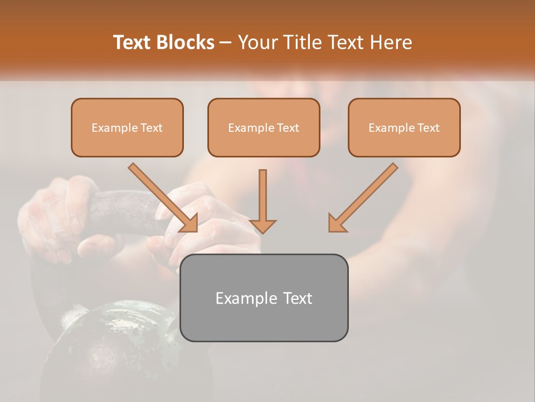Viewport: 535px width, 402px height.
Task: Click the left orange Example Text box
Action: tap(127, 128)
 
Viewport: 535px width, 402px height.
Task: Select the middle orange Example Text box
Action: tap(264, 128)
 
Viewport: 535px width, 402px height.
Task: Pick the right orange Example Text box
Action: tap(404, 128)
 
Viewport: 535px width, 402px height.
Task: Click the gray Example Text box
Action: tap(264, 298)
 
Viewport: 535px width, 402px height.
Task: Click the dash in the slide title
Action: tap(226, 42)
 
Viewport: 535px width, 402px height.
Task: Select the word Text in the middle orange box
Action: tap(288, 128)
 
